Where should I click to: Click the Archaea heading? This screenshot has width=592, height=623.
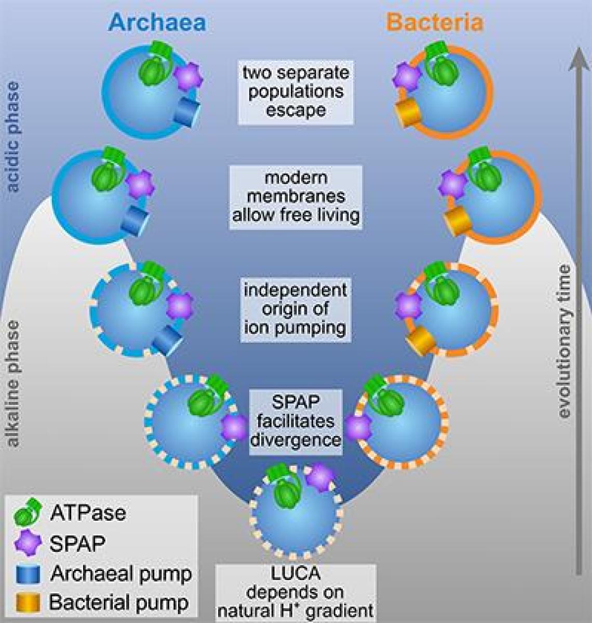coord(157,22)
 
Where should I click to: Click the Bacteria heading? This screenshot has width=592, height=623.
coord(435,22)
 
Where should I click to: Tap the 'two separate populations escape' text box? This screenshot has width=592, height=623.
coord(296,92)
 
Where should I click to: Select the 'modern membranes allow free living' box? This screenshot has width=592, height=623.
coord(296,197)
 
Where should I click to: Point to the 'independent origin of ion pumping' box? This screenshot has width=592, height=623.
coord(295,309)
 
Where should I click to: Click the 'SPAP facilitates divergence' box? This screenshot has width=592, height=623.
coord(295,422)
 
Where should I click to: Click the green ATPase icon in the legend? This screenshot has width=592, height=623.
coord(28,512)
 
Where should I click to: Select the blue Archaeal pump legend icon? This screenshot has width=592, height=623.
coord(28,574)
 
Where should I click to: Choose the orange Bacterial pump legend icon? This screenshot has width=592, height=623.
coord(28,602)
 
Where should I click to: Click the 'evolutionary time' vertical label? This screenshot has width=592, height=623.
coord(564,342)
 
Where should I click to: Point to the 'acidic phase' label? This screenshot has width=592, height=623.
coord(14,137)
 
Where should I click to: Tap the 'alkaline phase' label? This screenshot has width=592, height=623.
coord(14,384)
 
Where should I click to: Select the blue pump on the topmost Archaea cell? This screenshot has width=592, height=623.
coord(186,112)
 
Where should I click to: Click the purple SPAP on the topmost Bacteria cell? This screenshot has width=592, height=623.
coord(407,77)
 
